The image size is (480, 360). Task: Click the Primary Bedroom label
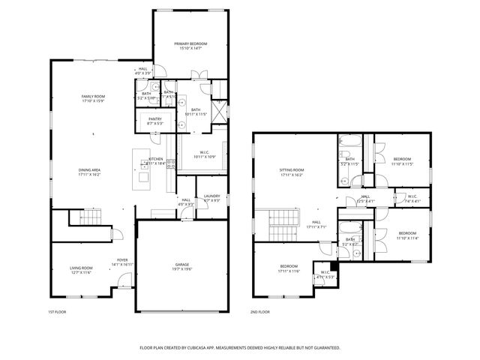click(190, 44)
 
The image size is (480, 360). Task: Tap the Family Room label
click(93, 97)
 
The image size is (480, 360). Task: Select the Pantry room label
click(155, 119)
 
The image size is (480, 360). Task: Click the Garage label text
click(181, 265)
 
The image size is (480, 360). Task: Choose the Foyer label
click(122, 260)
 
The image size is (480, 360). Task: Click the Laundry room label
click(211, 196)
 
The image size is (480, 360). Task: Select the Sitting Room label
click(292, 171)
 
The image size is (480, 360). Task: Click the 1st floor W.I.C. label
click(205, 153)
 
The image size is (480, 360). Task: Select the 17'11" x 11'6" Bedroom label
click(289, 266)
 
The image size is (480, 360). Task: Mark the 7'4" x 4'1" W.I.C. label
click(412, 197)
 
